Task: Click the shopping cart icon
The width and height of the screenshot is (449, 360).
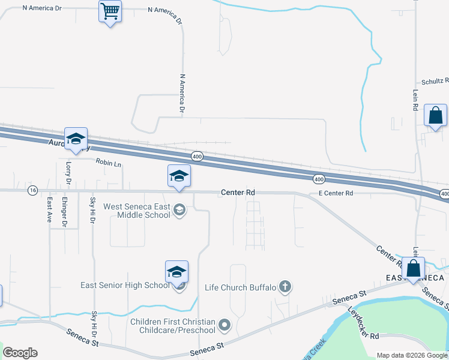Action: pyautogui.click(x=110, y=11)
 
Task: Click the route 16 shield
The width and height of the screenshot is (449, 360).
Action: pyautogui.click(x=32, y=190)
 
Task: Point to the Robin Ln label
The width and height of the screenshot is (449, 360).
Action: pyautogui.click(x=108, y=163)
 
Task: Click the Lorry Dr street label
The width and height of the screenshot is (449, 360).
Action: pyautogui.click(x=68, y=172)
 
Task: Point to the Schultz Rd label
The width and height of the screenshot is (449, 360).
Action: pyautogui.click(x=434, y=81)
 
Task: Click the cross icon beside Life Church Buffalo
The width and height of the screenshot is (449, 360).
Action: pyautogui.click(x=286, y=287)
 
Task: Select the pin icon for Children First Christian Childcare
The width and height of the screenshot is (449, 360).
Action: pyautogui.click(x=225, y=326)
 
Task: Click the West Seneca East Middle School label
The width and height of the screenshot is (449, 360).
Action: pyautogui.click(x=136, y=211)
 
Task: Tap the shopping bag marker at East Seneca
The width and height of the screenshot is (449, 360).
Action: pyautogui.click(x=413, y=269)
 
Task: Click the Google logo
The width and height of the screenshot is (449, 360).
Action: pyautogui.click(x=20, y=353)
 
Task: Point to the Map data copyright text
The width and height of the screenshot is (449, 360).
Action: pyautogui.click(x=412, y=355)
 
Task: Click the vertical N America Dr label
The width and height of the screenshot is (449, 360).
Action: pyautogui.click(x=181, y=94)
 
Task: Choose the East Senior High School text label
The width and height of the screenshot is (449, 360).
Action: pyautogui.click(x=125, y=285)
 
